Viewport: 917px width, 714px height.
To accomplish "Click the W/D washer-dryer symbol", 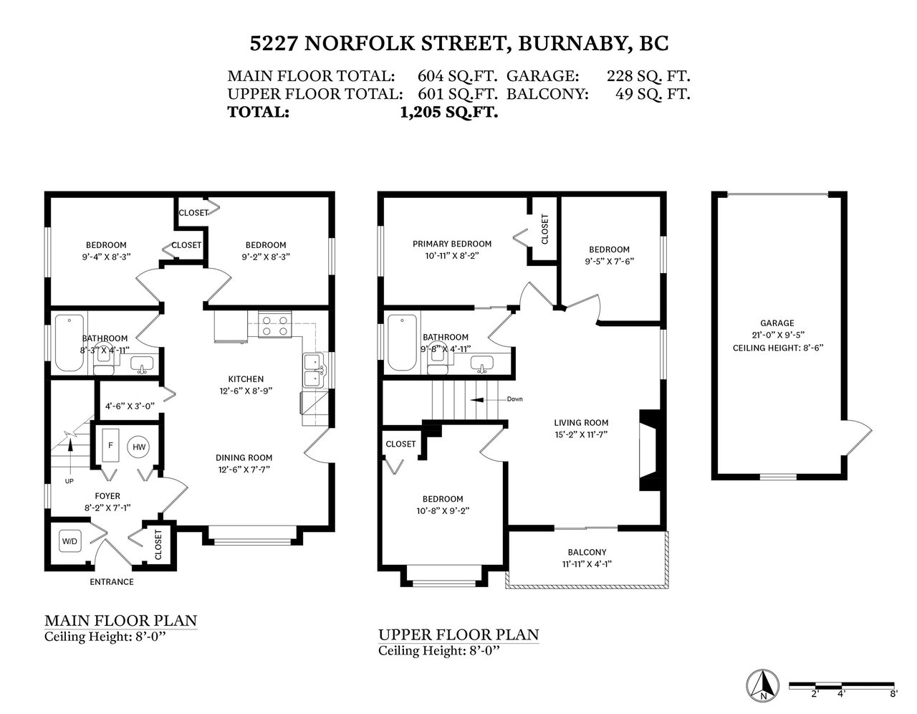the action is click(70, 541).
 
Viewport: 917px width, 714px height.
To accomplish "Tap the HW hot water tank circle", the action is click(139, 447).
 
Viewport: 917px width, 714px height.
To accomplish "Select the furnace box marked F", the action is click(110, 445).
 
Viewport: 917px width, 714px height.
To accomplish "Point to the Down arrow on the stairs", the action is click(484, 399).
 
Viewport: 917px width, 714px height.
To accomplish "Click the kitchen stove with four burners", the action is click(274, 325).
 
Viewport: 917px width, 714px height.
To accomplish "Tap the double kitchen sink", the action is click(313, 371).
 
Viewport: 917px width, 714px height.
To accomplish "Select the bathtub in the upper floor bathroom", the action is click(402, 343).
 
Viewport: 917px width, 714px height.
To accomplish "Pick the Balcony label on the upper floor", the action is click(587, 552).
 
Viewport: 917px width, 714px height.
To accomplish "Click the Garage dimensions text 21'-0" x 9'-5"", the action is click(777, 335).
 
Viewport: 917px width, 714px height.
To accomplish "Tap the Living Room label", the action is click(581, 422).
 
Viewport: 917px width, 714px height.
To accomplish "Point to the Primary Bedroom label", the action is click(451, 244).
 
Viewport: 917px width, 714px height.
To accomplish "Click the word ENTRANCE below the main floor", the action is click(112, 582).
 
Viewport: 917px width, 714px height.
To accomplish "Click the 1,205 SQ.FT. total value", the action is click(449, 112).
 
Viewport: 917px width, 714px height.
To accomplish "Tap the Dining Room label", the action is click(244, 457).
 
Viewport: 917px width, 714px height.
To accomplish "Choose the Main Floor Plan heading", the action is click(120, 620).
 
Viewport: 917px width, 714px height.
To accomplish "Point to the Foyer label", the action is click(107, 495).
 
